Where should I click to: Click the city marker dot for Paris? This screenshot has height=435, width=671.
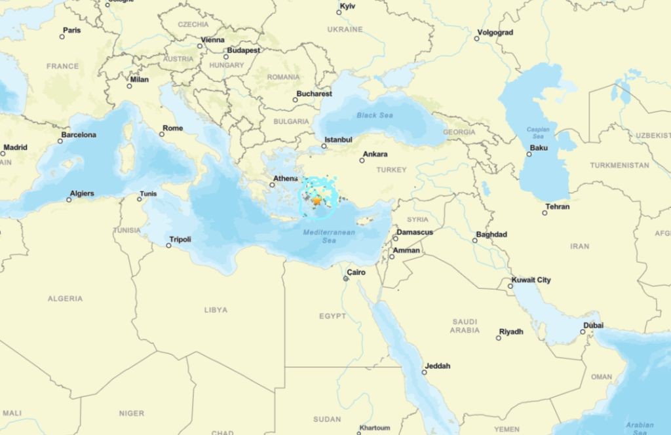point(62,37)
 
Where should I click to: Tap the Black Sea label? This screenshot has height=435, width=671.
point(375,115)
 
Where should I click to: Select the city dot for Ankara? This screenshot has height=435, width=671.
point(362,161)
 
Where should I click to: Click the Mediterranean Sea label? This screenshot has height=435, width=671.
point(329,236)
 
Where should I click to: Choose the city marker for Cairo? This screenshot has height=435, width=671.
point(346,279)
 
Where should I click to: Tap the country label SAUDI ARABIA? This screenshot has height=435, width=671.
point(465,326)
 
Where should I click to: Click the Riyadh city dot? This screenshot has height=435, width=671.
point(498,337)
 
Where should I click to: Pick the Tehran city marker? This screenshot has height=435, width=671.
point(545,213)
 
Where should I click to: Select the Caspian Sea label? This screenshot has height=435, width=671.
point(538,132)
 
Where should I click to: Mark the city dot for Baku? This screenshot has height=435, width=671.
point(529,154)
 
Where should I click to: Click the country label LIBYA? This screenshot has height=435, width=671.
point(216,310)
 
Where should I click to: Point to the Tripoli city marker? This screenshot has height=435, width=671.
point(168,246)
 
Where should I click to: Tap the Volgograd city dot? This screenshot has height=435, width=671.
point(477,39)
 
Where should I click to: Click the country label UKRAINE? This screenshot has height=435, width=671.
point(345,29)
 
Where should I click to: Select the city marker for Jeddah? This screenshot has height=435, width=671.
point(424,372)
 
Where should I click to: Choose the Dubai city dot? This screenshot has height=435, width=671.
point(582,331)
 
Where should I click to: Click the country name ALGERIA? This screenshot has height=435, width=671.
point(65,299)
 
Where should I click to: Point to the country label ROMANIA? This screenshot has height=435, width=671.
point(283,77)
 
